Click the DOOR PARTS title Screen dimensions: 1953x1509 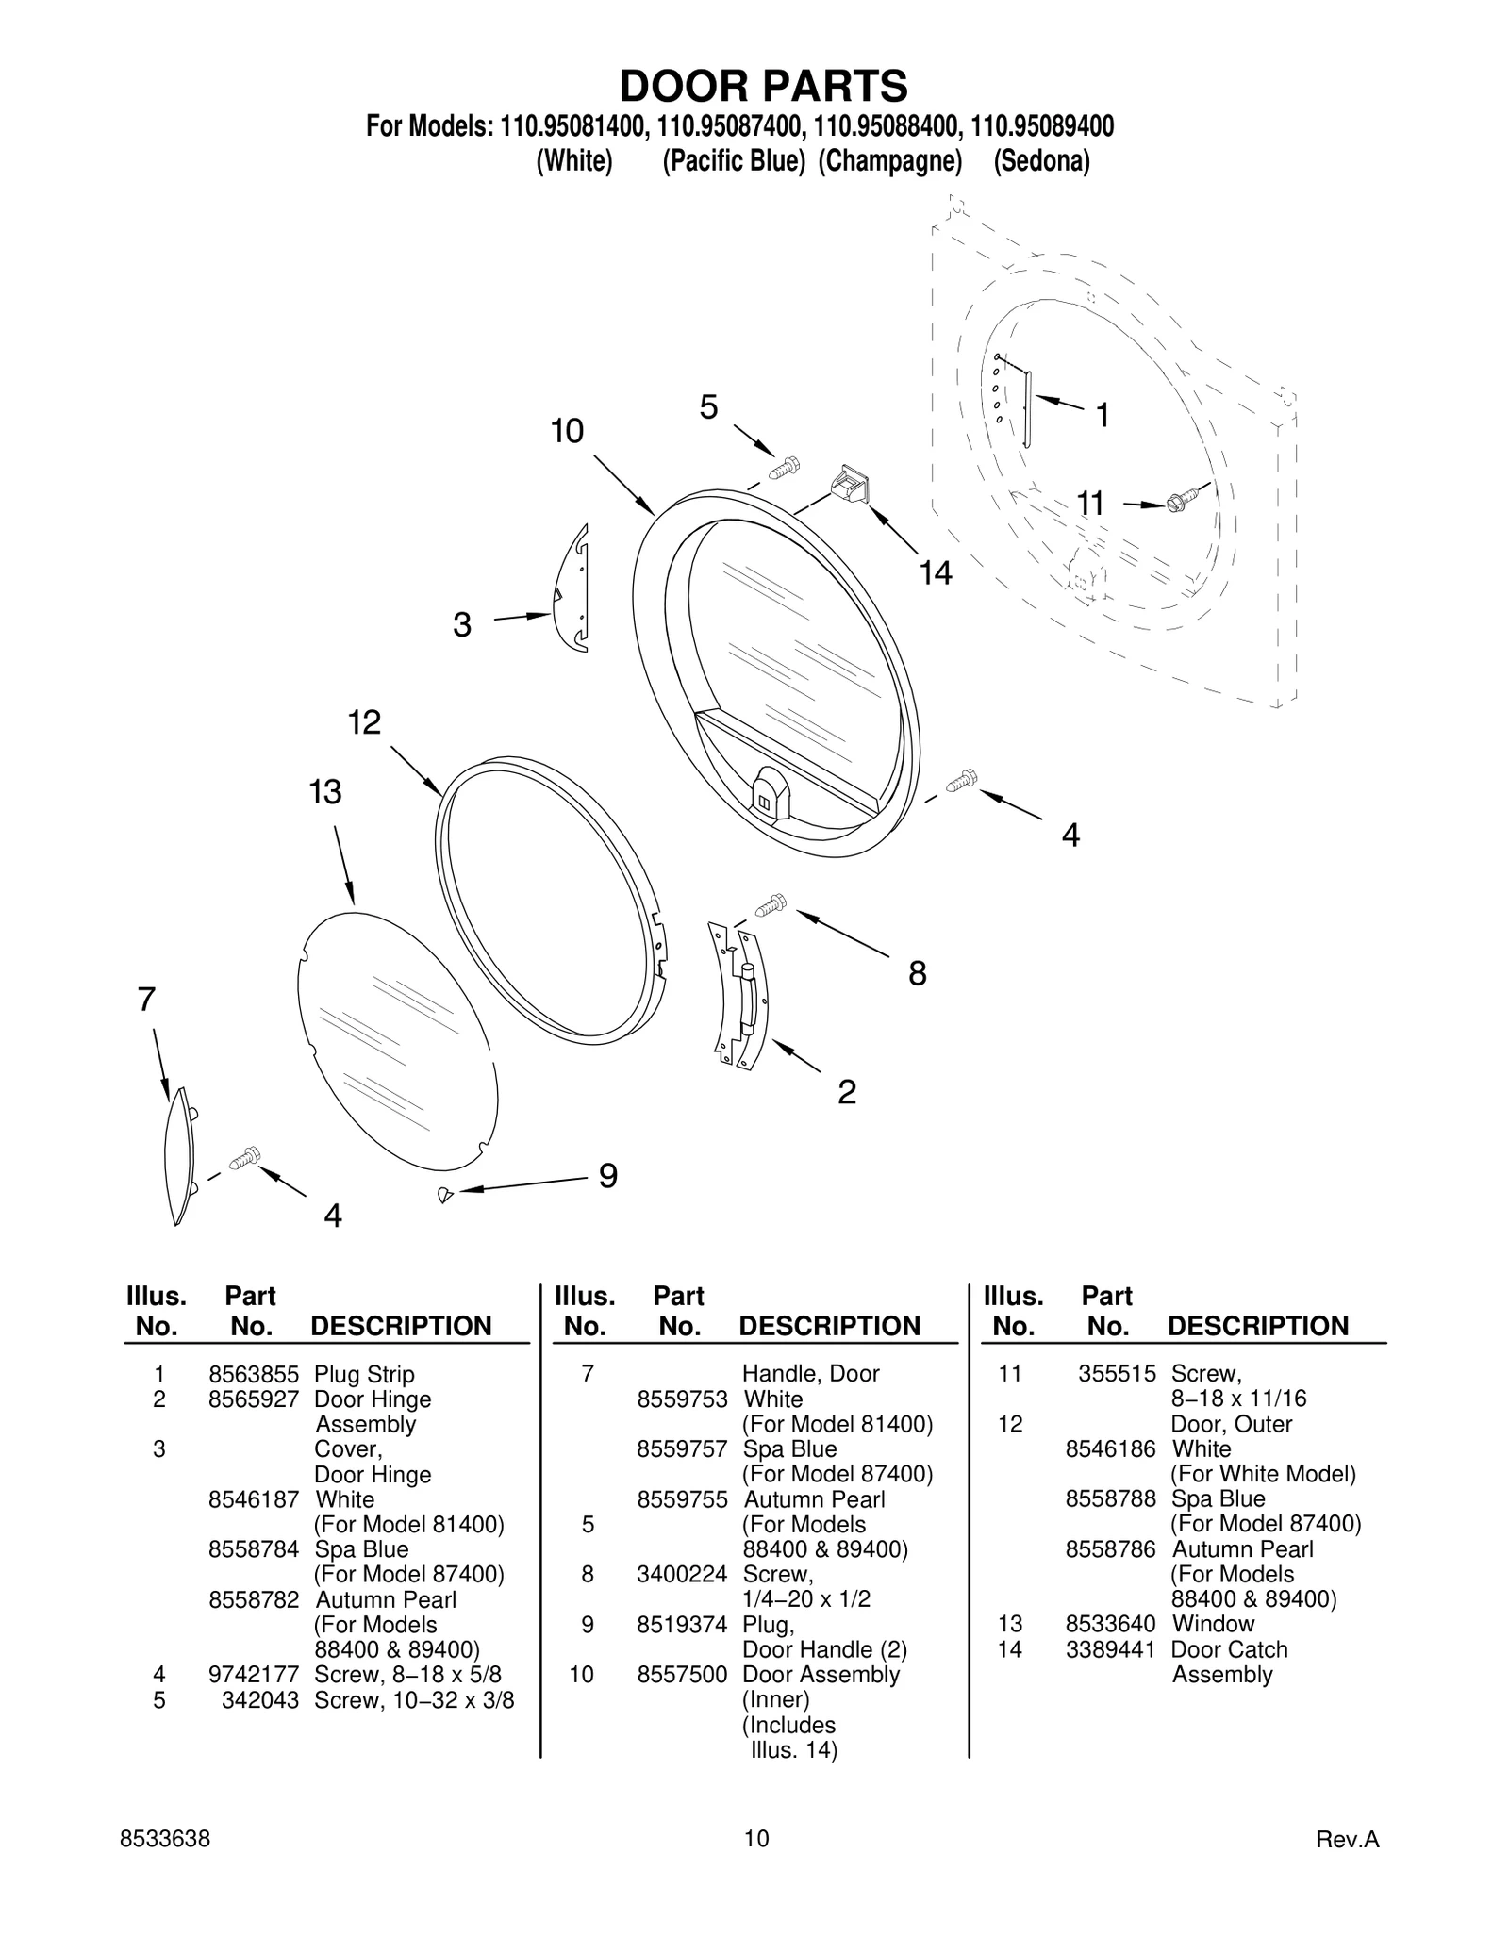[x=763, y=86]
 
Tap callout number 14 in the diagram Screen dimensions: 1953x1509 [x=936, y=572]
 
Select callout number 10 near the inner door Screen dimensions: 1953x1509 [x=567, y=431]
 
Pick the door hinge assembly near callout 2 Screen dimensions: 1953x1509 [x=741, y=998]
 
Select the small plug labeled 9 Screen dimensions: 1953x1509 [x=445, y=1195]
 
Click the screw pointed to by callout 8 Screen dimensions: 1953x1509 [x=771, y=905]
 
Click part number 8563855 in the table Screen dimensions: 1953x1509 [x=253, y=1374]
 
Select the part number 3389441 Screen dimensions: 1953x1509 [x=1110, y=1649]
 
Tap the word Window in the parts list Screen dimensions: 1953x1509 [x=1213, y=1624]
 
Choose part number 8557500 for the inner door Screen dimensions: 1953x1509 [x=682, y=1674]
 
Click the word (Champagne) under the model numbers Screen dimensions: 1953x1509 [x=889, y=161]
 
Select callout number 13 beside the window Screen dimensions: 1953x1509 [x=324, y=792]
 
